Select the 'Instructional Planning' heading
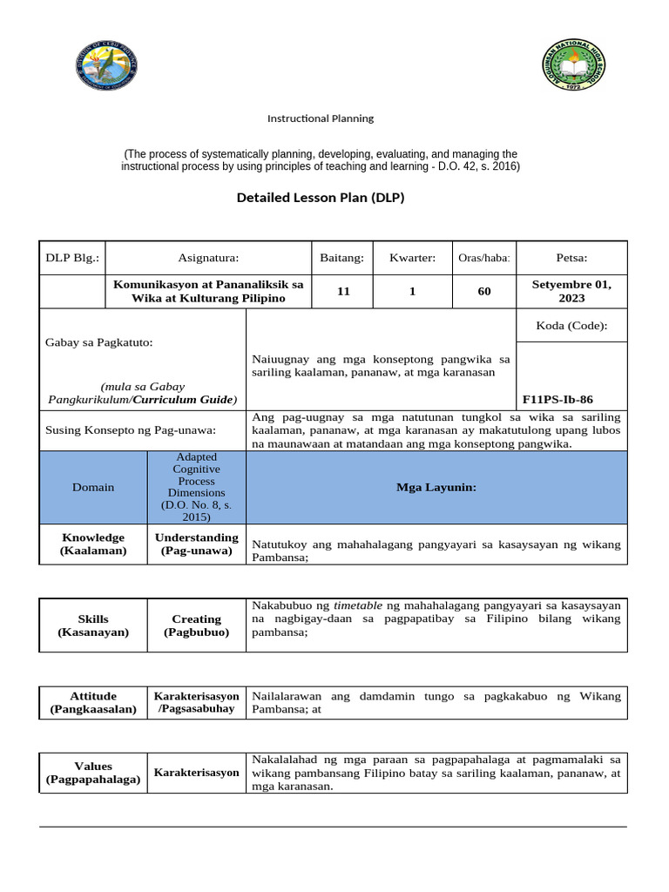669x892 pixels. tap(320, 118)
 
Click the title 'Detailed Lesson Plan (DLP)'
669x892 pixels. tap(321, 198)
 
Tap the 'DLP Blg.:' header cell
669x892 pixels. tap(72, 258)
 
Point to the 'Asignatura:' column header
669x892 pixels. tap(208, 258)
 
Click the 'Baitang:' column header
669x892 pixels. tap(343, 258)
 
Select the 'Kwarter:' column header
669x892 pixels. tap(412, 258)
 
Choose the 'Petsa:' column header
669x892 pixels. tap(571, 258)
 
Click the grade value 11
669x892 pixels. tap(343, 292)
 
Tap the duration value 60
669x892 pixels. tap(484, 292)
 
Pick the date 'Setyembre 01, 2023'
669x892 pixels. tap(571, 292)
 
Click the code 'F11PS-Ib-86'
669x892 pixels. tap(557, 399)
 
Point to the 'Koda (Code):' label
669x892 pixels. tap(571, 326)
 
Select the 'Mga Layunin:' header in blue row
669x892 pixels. tap(436, 487)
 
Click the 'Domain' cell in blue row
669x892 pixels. tap(93, 487)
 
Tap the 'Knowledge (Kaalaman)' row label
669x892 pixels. tap(92, 544)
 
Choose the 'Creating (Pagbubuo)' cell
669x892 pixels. tap(197, 625)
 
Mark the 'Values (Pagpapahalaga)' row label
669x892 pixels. tap(93, 773)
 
